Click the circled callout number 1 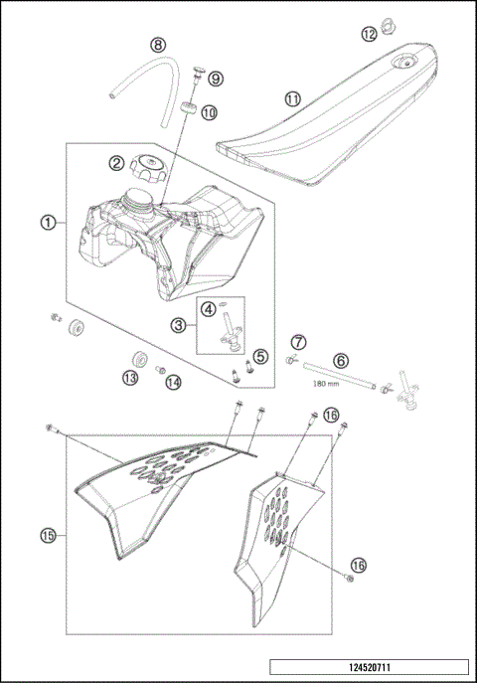click(x=48, y=222)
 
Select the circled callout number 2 click(x=117, y=162)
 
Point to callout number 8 click(x=157, y=45)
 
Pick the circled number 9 click(x=216, y=79)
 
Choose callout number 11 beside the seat click(x=292, y=99)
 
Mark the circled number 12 click(x=369, y=34)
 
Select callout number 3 click(x=178, y=324)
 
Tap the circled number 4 click(x=209, y=308)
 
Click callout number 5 click(x=260, y=356)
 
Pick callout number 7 click(x=299, y=343)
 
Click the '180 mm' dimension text click(x=327, y=383)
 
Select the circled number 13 click(x=130, y=378)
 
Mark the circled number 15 click(x=48, y=535)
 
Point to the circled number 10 click(x=209, y=113)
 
